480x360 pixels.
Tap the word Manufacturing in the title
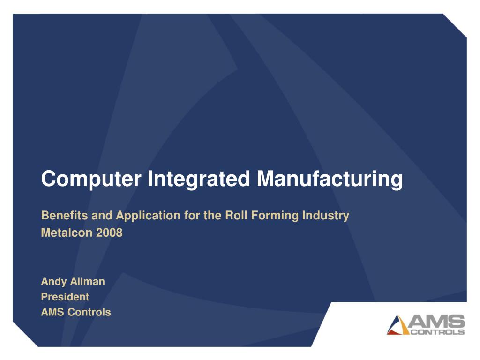pyautogui.click(x=330, y=179)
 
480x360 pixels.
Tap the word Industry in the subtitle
pyautogui.click(x=326, y=216)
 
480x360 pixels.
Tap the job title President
pyautogui.click(x=65, y=297)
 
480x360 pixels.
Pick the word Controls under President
pyautogui.click(x=90, y=312)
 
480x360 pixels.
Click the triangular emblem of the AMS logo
pyautogui.click(x=398, y=325)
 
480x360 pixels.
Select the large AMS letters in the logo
pyautogui.click(x=437, y=322)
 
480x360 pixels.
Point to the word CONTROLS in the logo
pyautogui.click(x=437, y=332)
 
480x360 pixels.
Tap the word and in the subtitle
pyautogui.click(x=102, y=216)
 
